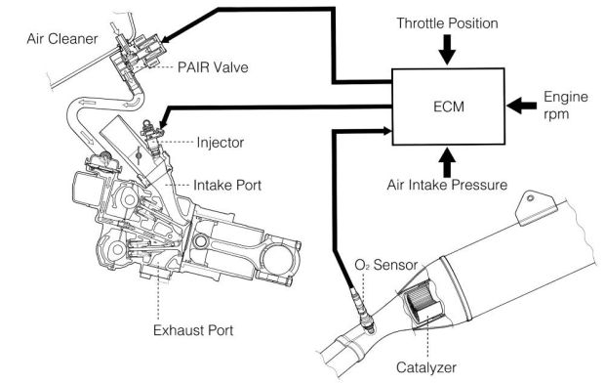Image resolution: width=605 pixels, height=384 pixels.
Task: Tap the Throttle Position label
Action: (447, 23)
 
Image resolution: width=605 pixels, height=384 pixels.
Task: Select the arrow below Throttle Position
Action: (447, 50)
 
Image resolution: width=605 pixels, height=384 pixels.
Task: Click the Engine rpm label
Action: (566, 106)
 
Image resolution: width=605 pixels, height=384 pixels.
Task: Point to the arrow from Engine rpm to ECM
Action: (521, 106)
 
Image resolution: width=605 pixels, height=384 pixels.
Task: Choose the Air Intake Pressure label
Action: (447, 185)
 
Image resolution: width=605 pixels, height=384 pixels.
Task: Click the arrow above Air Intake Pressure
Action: (447, 161)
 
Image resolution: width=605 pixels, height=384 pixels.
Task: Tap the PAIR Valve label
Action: (213, 67)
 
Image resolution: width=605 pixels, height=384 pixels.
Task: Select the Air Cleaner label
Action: (62, 39)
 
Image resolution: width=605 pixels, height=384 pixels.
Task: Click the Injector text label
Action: (220, 142)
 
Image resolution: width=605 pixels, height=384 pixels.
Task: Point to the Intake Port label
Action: (227, 185)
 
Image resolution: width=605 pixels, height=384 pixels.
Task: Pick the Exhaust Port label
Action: (193, 330)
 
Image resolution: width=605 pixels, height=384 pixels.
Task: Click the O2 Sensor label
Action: (385, 265)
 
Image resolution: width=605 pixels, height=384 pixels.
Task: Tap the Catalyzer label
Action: (426, 367)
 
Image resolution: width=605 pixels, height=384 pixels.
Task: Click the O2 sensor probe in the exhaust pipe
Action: (363, 309)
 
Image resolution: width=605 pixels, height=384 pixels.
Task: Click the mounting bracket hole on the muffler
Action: (531, 198)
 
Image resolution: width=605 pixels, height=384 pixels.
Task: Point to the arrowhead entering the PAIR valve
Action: (166, 39)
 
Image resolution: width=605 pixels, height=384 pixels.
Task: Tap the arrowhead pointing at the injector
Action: (162, 123)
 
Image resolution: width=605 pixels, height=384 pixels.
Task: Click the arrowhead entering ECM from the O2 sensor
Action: (386, 131)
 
